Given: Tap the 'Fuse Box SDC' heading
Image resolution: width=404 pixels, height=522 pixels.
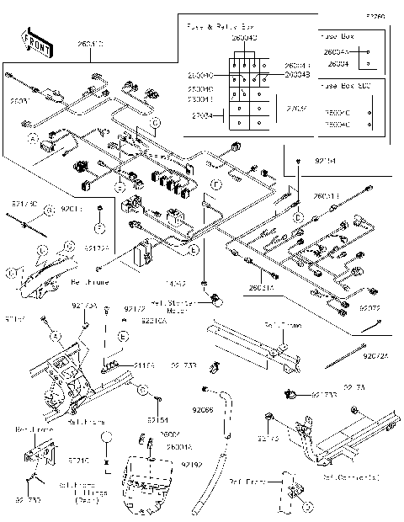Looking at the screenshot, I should tap(344, 86).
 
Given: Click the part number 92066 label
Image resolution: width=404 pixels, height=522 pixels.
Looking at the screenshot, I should tap(203, 410).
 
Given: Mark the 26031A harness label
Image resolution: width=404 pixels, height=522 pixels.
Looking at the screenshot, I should tap(261, 286).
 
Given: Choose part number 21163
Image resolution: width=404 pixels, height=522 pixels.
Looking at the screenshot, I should tap(121, 365).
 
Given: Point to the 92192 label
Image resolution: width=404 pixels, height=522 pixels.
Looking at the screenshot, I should tap(191, 463).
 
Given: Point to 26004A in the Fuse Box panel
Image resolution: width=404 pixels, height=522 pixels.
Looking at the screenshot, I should tap(337, 51).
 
